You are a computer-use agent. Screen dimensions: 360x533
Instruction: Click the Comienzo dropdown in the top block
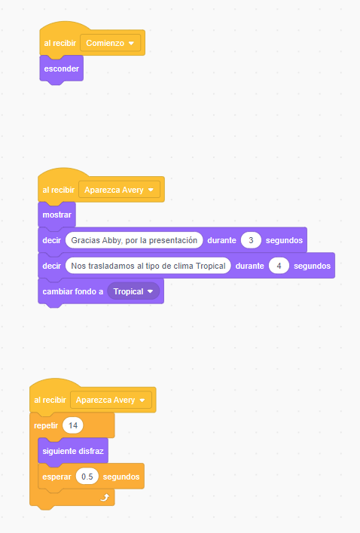[x=111, y=43]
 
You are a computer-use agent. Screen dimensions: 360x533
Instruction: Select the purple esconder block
[x=62, y=69]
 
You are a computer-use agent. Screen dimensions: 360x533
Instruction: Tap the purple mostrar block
[x=56, y=215]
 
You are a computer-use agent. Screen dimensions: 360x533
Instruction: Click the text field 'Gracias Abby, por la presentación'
[x=134, y=240]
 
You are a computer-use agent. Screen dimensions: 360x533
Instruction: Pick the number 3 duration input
[x=251, y=240]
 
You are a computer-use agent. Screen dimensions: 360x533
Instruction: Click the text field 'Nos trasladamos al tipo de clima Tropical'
[x=148, y=266]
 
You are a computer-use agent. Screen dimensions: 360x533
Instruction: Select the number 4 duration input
[x=279, y=266]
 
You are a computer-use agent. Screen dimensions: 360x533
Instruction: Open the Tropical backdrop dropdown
[x=133, y=291]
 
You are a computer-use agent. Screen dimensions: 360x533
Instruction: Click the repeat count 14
[x=73, y=425]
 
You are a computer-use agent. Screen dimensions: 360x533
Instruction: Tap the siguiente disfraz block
[x=73, y=451]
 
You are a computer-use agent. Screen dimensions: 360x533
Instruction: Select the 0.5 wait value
[x=87, y=477]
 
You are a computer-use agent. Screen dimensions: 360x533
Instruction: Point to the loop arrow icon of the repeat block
[x=105, y=498]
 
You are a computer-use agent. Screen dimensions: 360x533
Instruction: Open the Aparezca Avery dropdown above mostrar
[x=119, y=190]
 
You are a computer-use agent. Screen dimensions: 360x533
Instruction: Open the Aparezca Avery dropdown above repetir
[x=111, y=400]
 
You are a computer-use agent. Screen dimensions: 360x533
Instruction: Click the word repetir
[x=46, y=425]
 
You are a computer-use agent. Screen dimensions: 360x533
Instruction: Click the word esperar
[x=56, y=477]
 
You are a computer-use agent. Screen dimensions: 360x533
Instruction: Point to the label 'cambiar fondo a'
[x=73, y=291]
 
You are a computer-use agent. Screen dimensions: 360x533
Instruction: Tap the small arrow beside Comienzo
[x=131, y=43]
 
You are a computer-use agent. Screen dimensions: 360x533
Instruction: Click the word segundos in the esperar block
[x=121, y=477]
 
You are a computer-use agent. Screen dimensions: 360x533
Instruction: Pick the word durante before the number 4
[x=249, y=266]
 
